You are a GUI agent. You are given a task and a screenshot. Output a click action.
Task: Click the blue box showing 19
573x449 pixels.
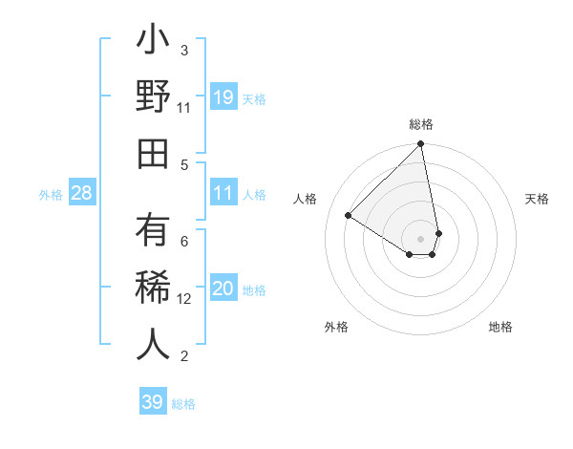click(x=223, y=96)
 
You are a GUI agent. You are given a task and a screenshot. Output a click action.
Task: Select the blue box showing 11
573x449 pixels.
click(x=223, y=193)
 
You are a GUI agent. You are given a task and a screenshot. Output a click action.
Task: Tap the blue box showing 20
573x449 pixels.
click(x=223, y=289)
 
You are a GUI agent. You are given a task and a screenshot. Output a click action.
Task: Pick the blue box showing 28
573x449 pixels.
click(x=82, y=193)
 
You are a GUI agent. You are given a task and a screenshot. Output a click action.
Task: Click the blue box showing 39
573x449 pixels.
click(x=153, y=402)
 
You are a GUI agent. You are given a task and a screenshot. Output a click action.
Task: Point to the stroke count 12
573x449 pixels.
click(x=185, y=299)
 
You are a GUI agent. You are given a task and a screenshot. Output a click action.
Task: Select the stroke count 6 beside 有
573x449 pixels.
click(x=184, y=242)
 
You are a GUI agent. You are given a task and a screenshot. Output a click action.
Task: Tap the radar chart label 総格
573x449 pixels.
click(x=421, y=124)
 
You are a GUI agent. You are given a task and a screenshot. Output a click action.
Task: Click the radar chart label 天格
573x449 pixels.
click(x=538, y=199)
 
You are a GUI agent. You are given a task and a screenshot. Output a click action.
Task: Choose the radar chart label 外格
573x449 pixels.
click(x=336, y=327)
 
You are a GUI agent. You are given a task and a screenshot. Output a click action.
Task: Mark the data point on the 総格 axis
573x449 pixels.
click(x=421, y=145)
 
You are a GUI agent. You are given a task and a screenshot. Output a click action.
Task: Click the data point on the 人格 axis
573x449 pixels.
click(x=349, y=215)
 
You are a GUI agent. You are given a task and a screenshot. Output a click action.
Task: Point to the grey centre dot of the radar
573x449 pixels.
click(x=421, y=238)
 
